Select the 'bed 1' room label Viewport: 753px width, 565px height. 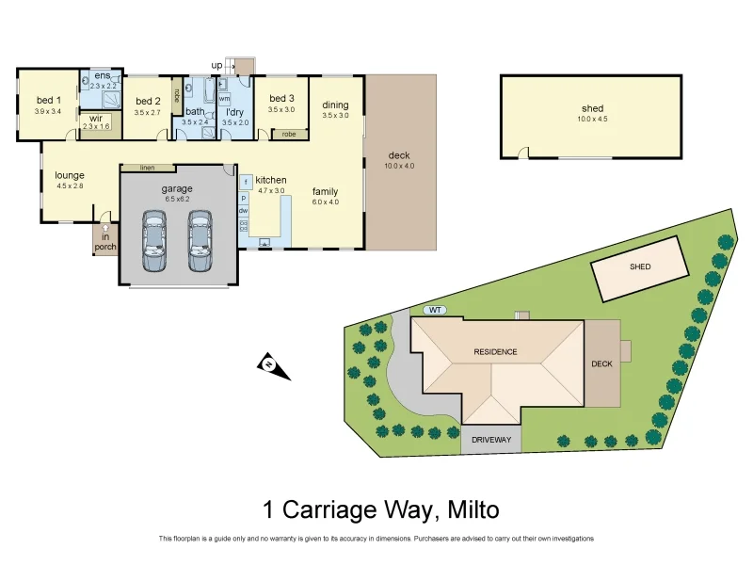coord(48,101)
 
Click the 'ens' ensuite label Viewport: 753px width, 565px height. coord(101,75)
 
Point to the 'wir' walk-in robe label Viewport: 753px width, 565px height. coord(96,119)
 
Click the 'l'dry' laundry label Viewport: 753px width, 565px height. coord(235,112)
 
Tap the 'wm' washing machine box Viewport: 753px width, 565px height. coord(224,98)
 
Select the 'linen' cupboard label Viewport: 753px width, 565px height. coord(147,168)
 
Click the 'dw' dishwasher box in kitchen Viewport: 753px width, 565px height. coord(243,211)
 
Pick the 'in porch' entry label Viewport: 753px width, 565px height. coord(105,242)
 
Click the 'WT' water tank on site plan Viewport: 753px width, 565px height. coord(434,309)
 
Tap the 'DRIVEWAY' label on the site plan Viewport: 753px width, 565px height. coord(490,440)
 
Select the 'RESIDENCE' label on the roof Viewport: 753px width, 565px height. coord(495,352)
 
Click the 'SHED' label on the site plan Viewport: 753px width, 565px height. coord(640,266)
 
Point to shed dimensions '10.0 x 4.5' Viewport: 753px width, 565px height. coord(592,120)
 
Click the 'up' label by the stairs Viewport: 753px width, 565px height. coord(216,65)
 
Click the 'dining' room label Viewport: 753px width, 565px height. coord(335,105)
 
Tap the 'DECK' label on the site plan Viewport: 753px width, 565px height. coord(601,363)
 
